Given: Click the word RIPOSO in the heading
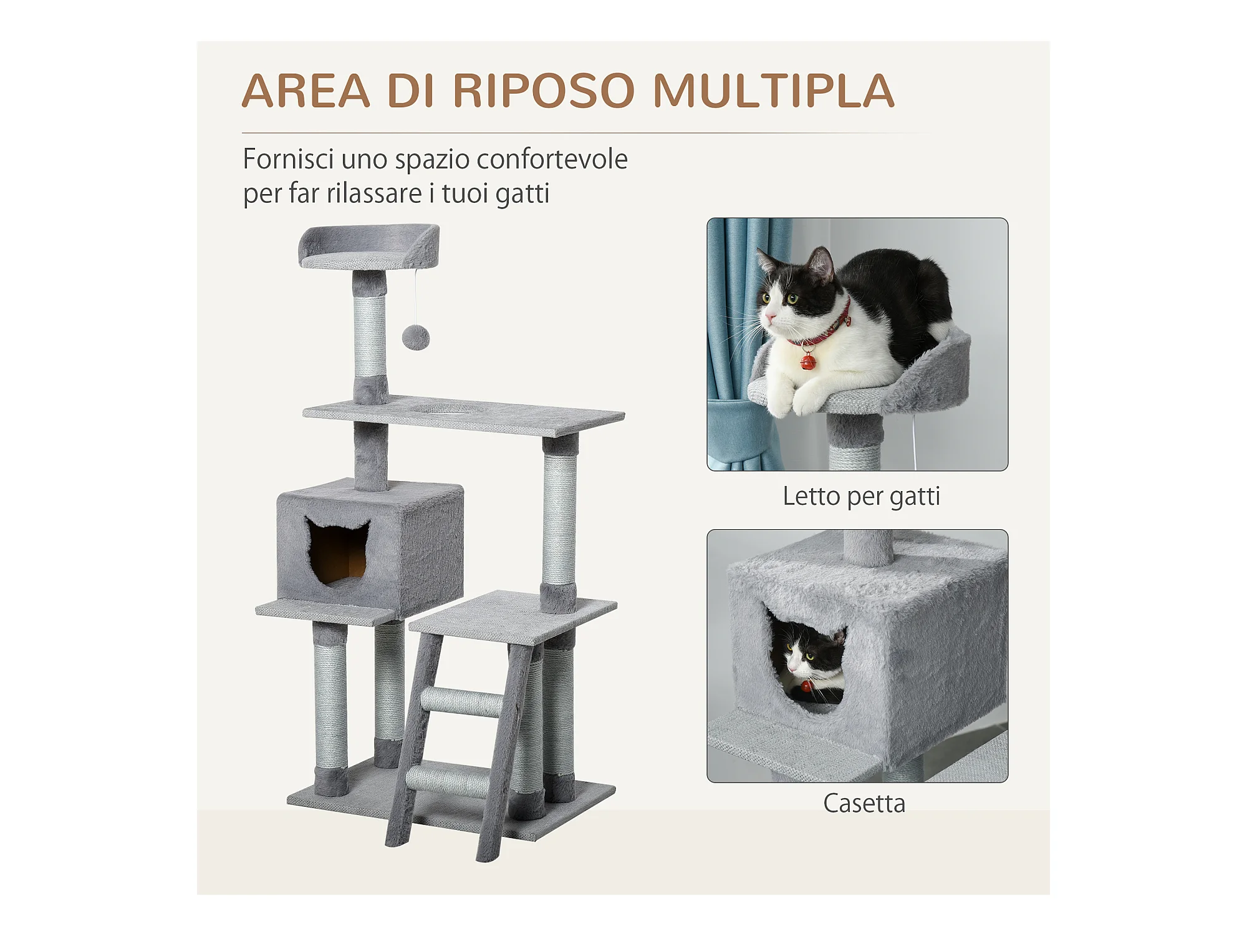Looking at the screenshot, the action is coord(544,91).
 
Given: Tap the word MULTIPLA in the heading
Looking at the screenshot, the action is coord(774,91).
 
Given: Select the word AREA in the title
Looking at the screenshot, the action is coord(306,91).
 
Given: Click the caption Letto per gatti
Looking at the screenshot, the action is coord(861,497).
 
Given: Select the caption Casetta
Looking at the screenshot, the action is coord(864,803).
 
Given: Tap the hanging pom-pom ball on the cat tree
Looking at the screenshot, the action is coord(415,338).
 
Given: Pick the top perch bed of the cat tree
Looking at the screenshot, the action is coord(369,246).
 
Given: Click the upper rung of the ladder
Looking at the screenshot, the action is coord(462,702).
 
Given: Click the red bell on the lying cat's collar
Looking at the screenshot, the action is coord(807,361).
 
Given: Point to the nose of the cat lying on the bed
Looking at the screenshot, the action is coord(769,319).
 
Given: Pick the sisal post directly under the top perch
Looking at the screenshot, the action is coord(370,336).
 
